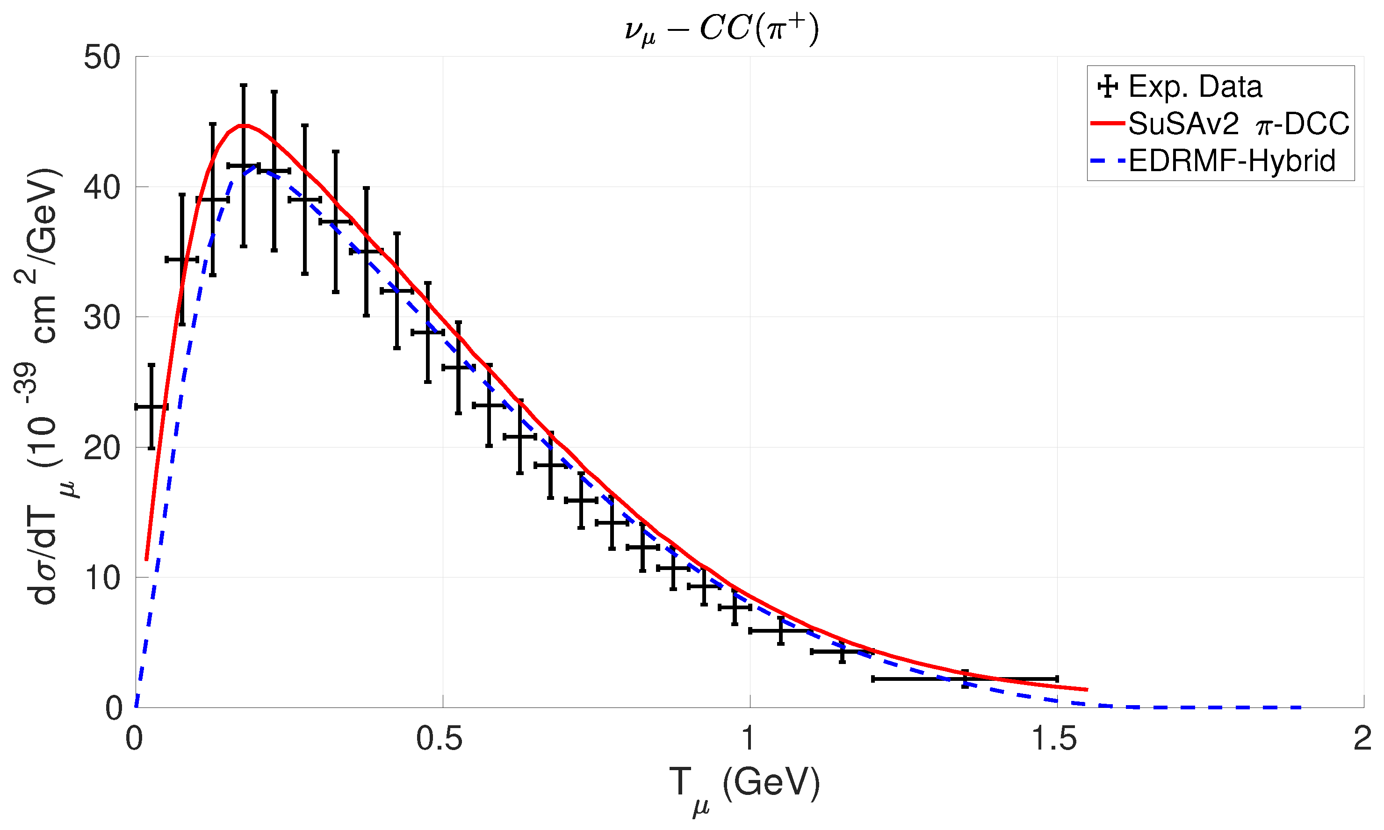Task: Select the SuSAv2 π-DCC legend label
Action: tap(1239, 123)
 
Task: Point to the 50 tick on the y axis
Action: tap(102, 57)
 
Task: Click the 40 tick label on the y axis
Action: tap(102, 188)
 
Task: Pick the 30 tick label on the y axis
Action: tap(102, 318)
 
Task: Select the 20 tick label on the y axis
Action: tap(102, 448)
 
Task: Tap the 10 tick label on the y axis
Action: tap(102, 578)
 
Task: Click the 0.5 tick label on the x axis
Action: tap(439, 739)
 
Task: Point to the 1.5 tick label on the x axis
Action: tap(1053, 739)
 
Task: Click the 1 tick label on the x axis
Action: tap(748, 739)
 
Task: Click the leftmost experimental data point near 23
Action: tap(151, 407)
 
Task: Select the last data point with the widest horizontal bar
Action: tap(965, 678)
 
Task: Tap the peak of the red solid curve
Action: tap(244, 125)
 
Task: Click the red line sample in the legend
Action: tap(1107, 123)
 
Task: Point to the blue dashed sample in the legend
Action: tap(1107, 161)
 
